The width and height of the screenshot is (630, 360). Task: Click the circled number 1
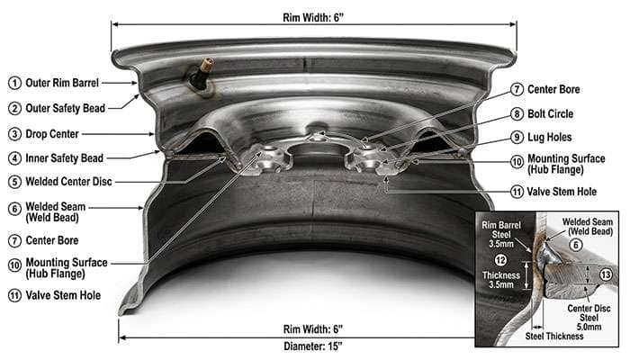tap(14, 82)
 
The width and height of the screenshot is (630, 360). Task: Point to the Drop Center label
tap(54, 134)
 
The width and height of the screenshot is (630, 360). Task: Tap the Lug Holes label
tap(552, 137)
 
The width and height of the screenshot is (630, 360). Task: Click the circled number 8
tap(517, 114)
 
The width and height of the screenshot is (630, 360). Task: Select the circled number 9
tap(517, 137)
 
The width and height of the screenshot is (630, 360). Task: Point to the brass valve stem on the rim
tap(201, 78)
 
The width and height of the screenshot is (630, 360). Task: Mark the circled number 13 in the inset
tap(605, 274)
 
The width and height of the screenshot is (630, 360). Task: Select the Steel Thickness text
tap(555, 337)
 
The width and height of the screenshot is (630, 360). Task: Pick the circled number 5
tap(14, 181)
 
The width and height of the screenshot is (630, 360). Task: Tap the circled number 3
tap(14, 134)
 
